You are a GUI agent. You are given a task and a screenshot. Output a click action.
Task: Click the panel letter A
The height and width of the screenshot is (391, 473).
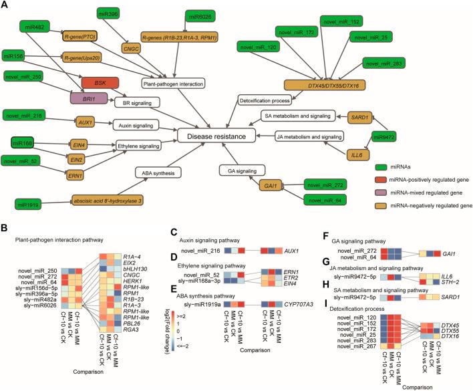pyautogui.click(x=5, y=5)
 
